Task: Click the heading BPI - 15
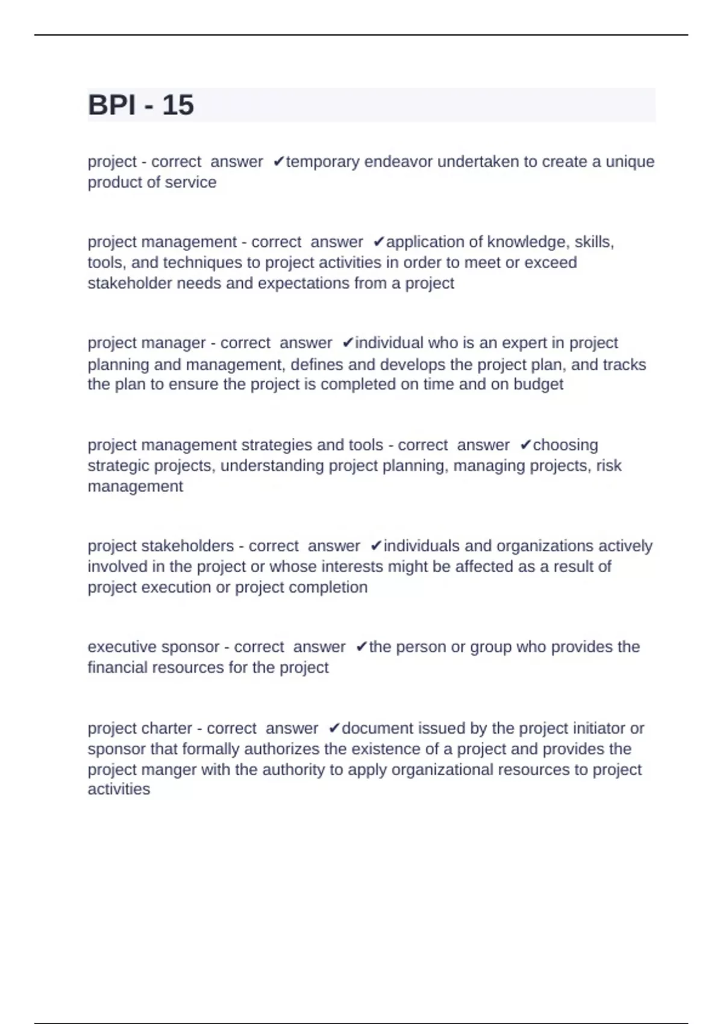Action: tap(141, 105)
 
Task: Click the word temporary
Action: tap(322, 162)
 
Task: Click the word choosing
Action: tap(565, 445)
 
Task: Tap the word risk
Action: tap(609, 466)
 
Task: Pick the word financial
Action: tap(117, 668)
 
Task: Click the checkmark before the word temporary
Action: tap(278, 162)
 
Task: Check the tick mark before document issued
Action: tap(335, 729)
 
